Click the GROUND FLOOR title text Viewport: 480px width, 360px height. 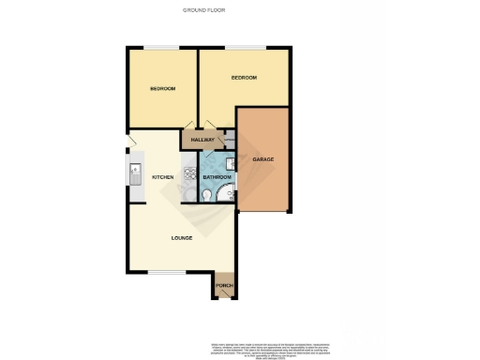203,10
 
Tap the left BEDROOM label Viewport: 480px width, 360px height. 162,88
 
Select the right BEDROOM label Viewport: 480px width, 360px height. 244,77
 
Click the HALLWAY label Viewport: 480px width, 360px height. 202,140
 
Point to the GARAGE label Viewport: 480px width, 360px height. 263,159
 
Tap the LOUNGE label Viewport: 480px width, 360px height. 182,237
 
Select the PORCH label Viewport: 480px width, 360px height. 224,285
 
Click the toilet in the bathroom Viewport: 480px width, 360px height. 206,195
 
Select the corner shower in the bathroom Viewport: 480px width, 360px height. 226,194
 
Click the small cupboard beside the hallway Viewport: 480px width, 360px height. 230,141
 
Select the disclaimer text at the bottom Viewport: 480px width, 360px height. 267,350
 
